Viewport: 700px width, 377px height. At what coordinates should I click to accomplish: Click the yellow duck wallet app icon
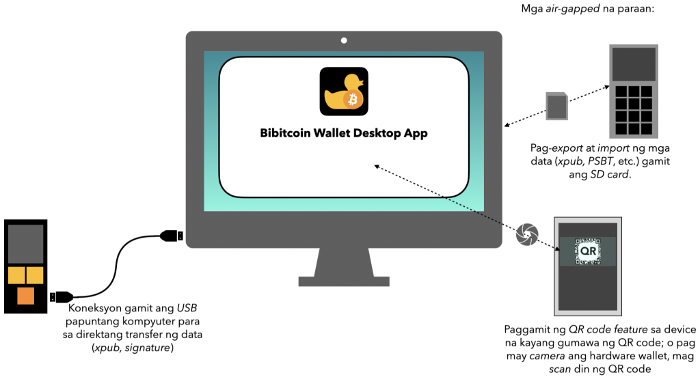344,91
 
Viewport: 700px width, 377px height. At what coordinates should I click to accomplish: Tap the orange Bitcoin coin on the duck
353,101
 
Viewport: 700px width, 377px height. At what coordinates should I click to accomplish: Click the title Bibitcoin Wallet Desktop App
344,133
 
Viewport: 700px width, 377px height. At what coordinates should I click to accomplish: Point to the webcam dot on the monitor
344,40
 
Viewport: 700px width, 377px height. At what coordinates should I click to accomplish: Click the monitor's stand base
344,280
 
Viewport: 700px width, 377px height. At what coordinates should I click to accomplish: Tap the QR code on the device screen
587,252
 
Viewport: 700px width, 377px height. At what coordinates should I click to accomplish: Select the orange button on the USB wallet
25,296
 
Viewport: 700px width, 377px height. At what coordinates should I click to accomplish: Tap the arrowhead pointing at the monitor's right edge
507,125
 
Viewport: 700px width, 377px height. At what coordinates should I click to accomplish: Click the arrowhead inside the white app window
375,165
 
